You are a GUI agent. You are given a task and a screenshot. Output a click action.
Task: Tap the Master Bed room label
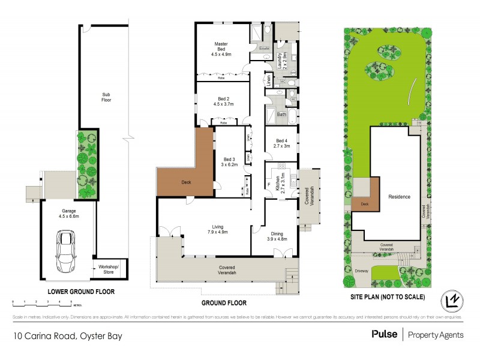pos(221,49)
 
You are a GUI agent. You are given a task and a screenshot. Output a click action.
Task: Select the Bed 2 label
pos(221,100)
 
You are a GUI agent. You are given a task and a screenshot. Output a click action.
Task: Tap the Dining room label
pos(277,234)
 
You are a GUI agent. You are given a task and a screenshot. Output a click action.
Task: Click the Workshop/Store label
pos(109,268)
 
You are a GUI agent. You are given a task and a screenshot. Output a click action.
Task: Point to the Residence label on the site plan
pos(399,197)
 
